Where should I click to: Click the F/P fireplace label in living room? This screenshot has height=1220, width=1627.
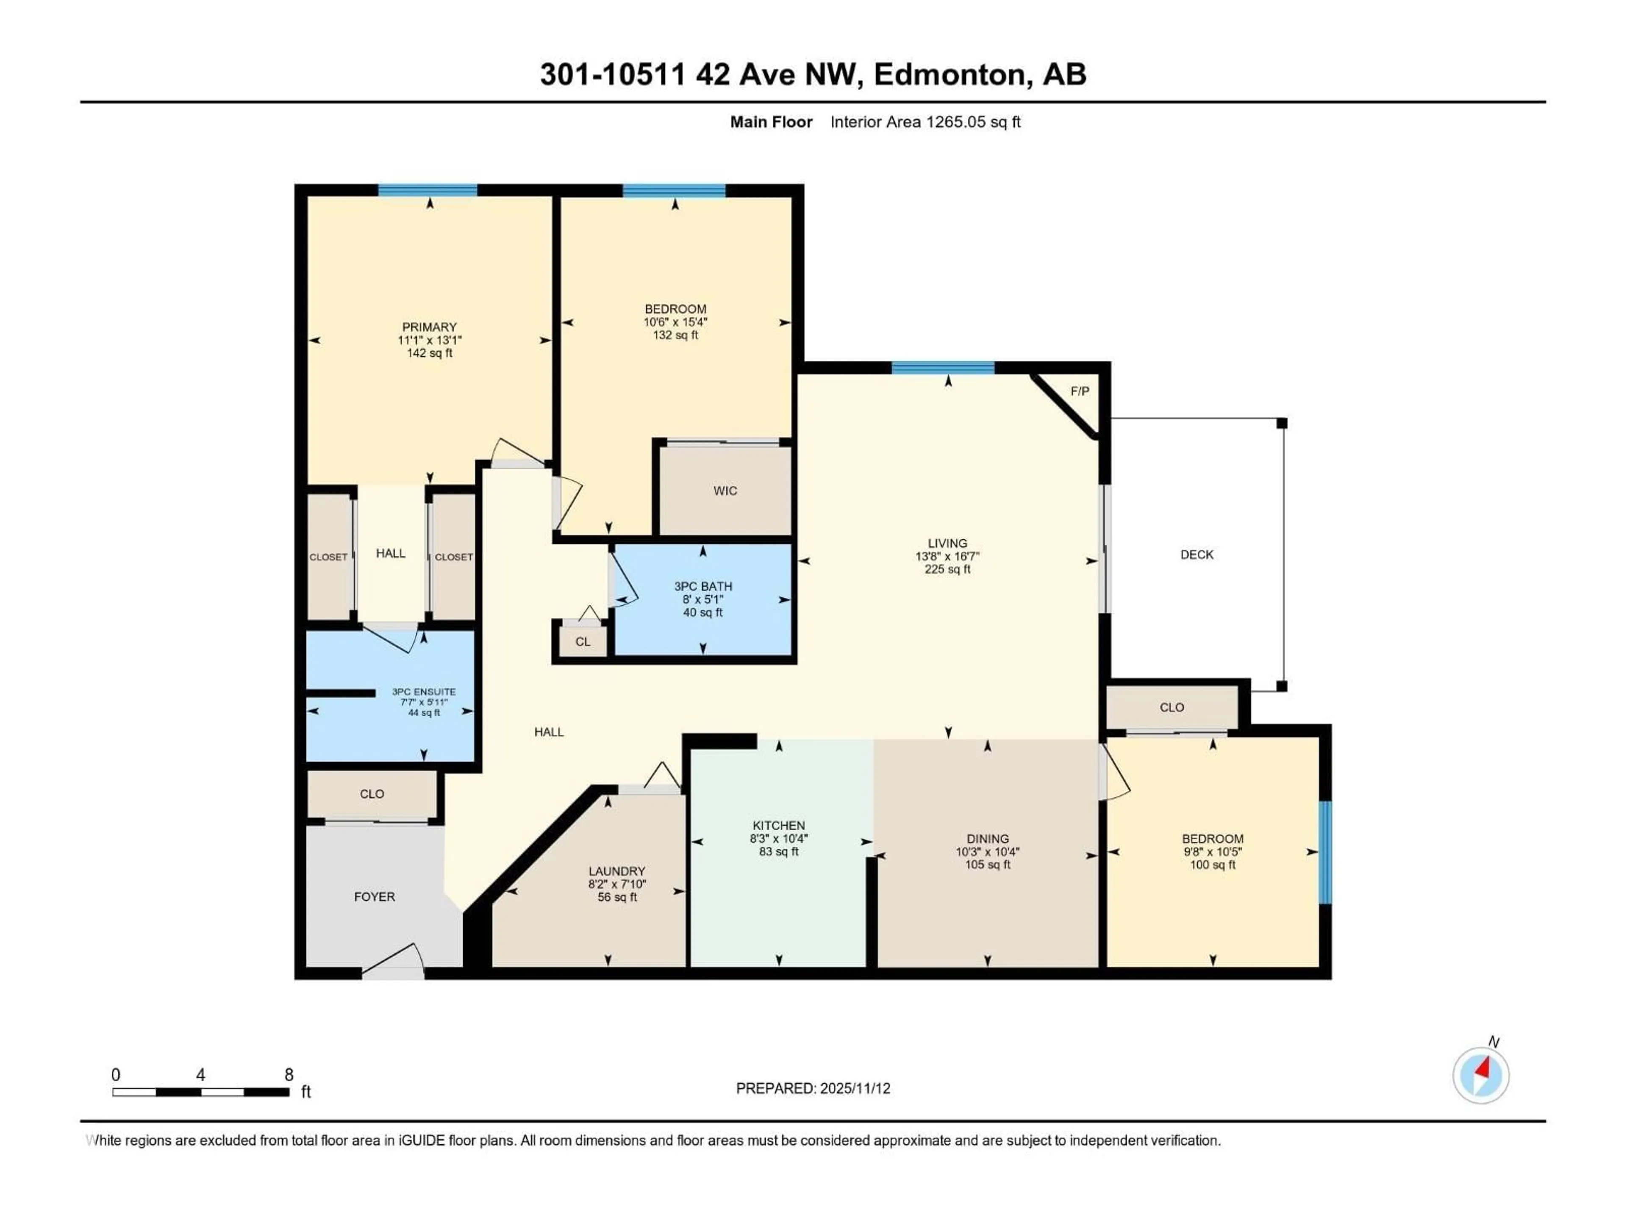1079,391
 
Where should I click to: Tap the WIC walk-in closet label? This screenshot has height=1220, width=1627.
725,491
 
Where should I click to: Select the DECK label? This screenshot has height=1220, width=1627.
1197,555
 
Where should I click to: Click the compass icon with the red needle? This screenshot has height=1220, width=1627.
1481,1075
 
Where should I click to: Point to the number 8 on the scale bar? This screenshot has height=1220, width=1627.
289,1074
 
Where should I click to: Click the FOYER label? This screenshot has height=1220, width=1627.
375,896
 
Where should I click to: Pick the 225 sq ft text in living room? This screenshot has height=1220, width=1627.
947,569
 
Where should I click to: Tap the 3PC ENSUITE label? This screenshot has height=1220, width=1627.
424,691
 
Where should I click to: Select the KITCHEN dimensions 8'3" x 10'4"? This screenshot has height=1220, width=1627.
778,838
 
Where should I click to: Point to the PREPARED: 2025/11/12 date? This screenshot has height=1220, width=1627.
813,1088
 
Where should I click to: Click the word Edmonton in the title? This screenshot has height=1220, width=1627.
949,74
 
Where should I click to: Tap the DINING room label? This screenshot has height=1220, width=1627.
987,838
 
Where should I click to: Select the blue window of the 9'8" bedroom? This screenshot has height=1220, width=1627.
1325,851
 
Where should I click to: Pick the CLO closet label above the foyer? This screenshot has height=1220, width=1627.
372,793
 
